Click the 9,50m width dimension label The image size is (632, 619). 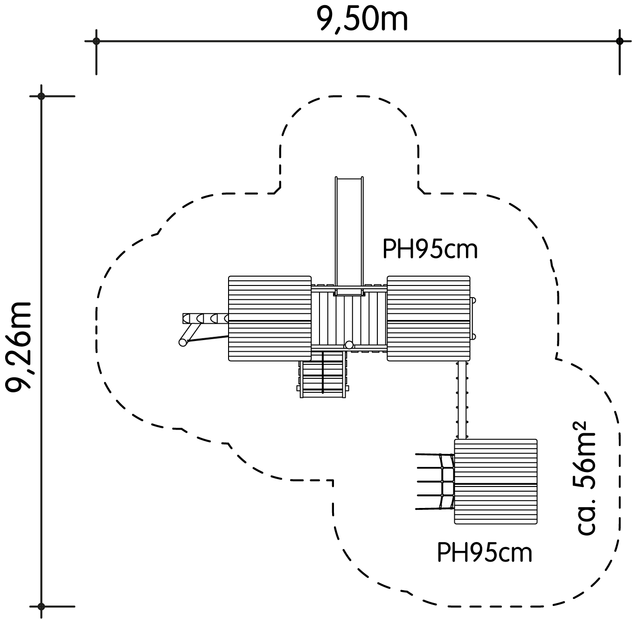(362, 19)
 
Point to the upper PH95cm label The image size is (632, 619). (430, 250)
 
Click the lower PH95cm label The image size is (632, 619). (485, 562)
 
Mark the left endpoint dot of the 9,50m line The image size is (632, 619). (96, 42)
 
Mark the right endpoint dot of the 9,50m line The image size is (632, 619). (619, 42)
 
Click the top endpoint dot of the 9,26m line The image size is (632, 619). (41, 96)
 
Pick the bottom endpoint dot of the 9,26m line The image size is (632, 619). (41, 606)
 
